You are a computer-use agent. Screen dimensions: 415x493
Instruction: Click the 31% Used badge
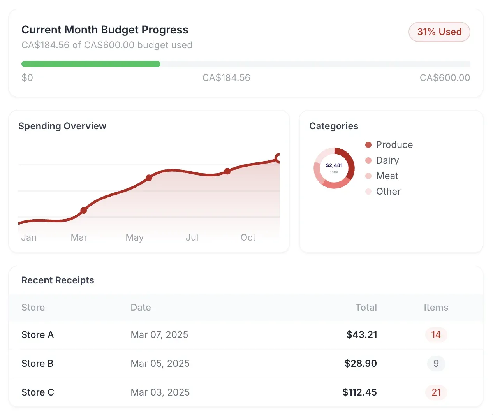pyautogui.click(x=439, y=32)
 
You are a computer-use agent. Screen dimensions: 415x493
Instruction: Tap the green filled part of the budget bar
pyautogui.click(x=91, y=64)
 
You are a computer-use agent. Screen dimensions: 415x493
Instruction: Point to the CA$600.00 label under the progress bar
pyautogui.click(x=445, y=78)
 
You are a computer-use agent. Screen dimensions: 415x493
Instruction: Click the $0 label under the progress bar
pyautogui.click(x=27, y=78)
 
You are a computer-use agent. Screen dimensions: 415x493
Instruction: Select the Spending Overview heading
pyautogui.click(x=62, y=126)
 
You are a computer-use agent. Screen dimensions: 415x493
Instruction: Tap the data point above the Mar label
pyautogui.click(x=84, y=211)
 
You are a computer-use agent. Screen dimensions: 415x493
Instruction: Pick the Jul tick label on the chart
pyautogui.click(x=192, y=237)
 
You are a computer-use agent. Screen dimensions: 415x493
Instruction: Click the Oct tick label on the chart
pyautogui.click(x=248, y=237)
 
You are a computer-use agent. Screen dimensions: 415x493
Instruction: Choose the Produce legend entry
pyautogui.click(x=394, y=145)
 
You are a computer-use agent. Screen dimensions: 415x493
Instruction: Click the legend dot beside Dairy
pyautogui.click(x=368, y=160)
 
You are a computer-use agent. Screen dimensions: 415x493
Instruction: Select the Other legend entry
pyautogui.click(x=388, y=192)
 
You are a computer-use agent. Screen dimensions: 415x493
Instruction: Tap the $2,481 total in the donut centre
pyautogui.click(x=334, y=165)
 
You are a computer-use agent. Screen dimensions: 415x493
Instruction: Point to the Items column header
pyautogui.click(x=436, y=308)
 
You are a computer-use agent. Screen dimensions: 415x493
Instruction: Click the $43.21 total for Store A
pyautogui.click(x=362, y=335)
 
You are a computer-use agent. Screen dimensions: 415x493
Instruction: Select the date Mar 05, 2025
pyautogui.click(x=160, y=364)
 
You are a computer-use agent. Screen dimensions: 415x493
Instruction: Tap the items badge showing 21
pyautogui.click(x=436, y=392)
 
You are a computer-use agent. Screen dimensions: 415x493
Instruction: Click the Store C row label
pyautogui.click(x=38, y=392)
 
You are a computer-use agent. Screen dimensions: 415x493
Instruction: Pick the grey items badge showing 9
pyautogui.click(x=436, y=364)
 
